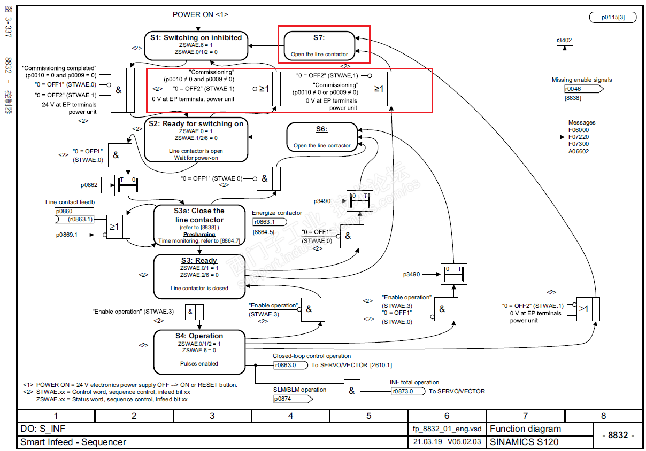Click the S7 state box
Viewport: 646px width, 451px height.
point(319,45)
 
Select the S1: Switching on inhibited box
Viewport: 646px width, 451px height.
point(196,45)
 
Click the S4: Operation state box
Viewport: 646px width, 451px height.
point(199,352)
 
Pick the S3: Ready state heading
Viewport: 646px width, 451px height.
point(199,261)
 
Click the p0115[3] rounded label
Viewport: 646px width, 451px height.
point(612,17)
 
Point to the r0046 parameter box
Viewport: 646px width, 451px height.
point(575,89)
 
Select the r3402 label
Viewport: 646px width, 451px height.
point(564,40)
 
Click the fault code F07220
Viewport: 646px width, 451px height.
point(579,137)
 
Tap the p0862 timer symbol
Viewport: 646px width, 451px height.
point(126,185)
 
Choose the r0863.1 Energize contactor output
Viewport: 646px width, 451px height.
point(269,222)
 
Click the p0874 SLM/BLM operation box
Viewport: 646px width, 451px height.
point(289,399)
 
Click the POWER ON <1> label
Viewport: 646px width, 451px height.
point(200,14)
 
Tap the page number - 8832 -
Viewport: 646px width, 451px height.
point(618,435)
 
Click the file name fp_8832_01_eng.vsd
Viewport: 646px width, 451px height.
point(447,429)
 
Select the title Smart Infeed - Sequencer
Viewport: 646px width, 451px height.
point(73,442)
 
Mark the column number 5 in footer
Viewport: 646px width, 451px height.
point(368,416)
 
